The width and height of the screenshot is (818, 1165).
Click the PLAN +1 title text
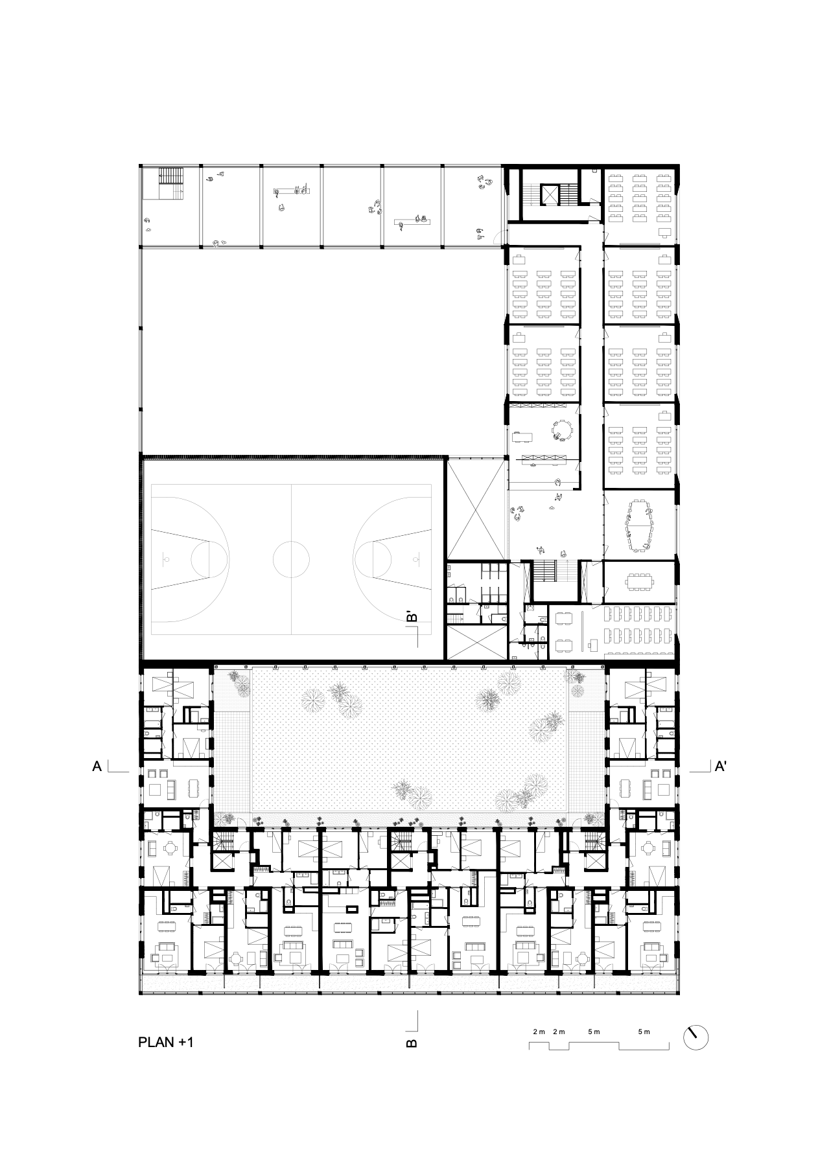click(166, 1043)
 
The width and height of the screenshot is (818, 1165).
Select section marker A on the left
click(98, 767)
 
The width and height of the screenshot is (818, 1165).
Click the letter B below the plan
click(412, 1043)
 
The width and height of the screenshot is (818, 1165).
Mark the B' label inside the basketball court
click(411, 617)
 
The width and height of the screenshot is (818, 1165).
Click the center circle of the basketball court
click(291, 559)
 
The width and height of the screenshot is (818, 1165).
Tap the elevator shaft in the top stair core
click(550, 194)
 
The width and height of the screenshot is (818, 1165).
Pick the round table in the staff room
click(563, 430)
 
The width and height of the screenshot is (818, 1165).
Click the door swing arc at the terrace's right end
click(496, 238)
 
